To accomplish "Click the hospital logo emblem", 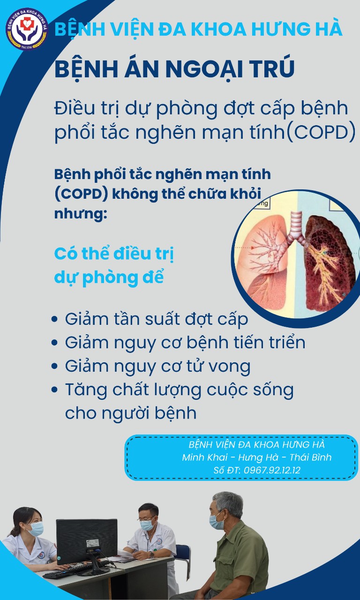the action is pyautogui.click(x=27, y=29).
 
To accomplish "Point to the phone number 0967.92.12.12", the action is pyautogui.click(x=272, y=470).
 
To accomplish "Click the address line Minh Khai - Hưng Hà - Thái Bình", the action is pyautogui.click(x=257, y=457).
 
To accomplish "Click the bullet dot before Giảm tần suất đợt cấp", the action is pyautogui.click(x=55, y=319).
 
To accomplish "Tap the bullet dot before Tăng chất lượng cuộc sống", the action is pyautogui.click(x=55, y=390).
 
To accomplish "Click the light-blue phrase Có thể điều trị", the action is pyautogui.click(x=114, y=254).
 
